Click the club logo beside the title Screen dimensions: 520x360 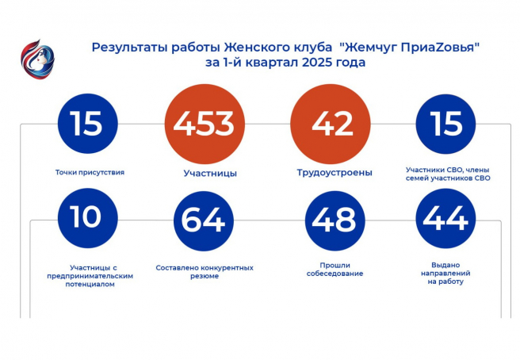click(x=37, y=59)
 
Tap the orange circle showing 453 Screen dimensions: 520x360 click(x=205, y=124)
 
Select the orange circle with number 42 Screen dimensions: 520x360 click(x=330, y=124)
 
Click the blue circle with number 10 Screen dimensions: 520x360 click(x=87, y=218)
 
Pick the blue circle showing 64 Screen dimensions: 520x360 click(x=203, y=220)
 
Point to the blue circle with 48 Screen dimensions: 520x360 click(x=335, y=220)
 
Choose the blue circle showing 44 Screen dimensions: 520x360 click(x=445, y=218)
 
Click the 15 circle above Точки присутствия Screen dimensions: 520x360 click(x=87, y=124)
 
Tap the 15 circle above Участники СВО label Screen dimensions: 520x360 click(x=445, y=124)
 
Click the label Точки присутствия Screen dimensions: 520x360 click(x=90, y=172)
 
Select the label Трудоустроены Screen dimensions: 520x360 click(x=335, y=173)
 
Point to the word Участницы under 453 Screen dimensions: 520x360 click(x=210, y=173)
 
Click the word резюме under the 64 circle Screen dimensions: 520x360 click(x=205, y=276)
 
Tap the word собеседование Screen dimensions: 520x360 click(x=335, y=274)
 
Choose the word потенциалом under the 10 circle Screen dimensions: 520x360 click(x=90, y=285)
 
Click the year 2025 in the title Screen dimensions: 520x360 click(x=316, y=62)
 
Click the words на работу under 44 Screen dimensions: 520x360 click(x=445, y=281)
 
